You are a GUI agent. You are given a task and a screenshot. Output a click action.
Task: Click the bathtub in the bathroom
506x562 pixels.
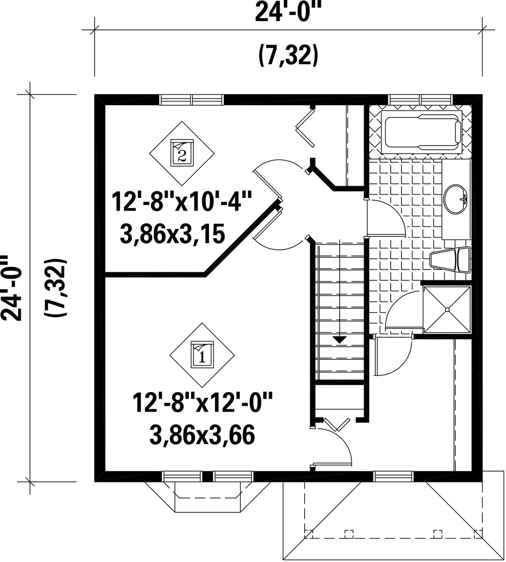click(421, 131)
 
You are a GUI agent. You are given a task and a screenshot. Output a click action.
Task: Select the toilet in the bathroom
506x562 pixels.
click(450, 259)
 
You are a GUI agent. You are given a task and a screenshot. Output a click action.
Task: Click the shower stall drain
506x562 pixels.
click(447, 309)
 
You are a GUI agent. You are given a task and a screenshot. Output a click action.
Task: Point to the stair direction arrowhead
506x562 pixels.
click(340, 340)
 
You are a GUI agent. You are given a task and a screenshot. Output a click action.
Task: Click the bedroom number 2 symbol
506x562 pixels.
click(182, 153)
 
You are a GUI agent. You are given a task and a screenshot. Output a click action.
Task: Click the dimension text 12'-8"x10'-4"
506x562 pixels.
click(180, 201)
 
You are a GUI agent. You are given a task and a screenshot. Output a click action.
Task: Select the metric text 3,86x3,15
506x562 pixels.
click(172, 234)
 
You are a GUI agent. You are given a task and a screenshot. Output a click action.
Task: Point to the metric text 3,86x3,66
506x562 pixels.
click(202, 435)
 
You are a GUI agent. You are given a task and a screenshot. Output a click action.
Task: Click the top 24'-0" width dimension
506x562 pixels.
click(288, 11)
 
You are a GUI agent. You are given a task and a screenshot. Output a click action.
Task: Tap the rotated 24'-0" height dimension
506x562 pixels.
click(11, 288)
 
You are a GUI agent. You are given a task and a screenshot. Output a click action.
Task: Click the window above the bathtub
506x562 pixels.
click(420, 100)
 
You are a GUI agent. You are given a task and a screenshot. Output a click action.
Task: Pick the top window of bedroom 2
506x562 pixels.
click(192, 100)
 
